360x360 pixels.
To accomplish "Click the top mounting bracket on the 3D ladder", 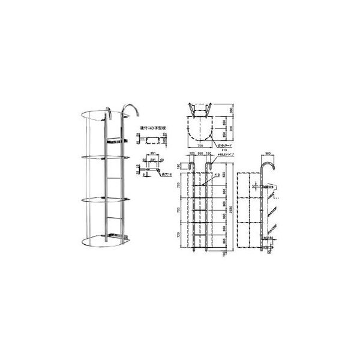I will pyautogui.click(x=116, y=142).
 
